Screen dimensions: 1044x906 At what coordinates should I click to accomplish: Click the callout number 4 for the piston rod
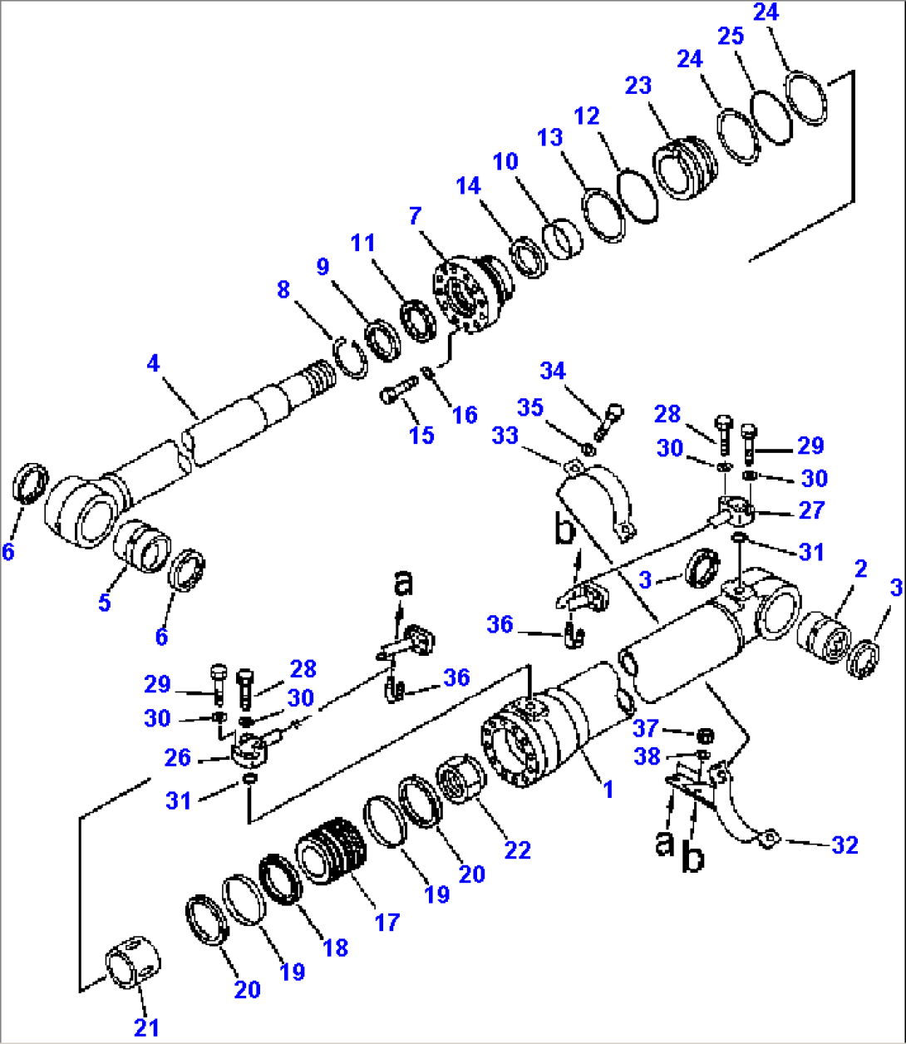coord(153,363)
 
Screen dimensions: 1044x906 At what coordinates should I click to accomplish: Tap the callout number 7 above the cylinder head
coord(415,217)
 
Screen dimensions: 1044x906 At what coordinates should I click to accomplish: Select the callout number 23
coord(638,86)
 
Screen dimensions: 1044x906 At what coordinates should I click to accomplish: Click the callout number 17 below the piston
coord(387,922)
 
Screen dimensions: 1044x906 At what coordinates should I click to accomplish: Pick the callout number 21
coord(146,1027)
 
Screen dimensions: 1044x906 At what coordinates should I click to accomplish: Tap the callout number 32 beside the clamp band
coord(844,845)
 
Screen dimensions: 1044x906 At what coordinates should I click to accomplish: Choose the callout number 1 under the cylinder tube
coord(608,789)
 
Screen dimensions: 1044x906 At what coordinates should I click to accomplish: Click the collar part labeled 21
coord(133,963)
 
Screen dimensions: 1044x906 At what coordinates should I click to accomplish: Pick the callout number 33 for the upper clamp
coord(505,436)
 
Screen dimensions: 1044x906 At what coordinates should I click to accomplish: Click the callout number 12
coord(587,116)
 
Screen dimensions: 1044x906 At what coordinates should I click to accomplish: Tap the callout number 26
coord(178,758)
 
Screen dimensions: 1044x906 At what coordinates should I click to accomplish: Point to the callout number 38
coord(647,756)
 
